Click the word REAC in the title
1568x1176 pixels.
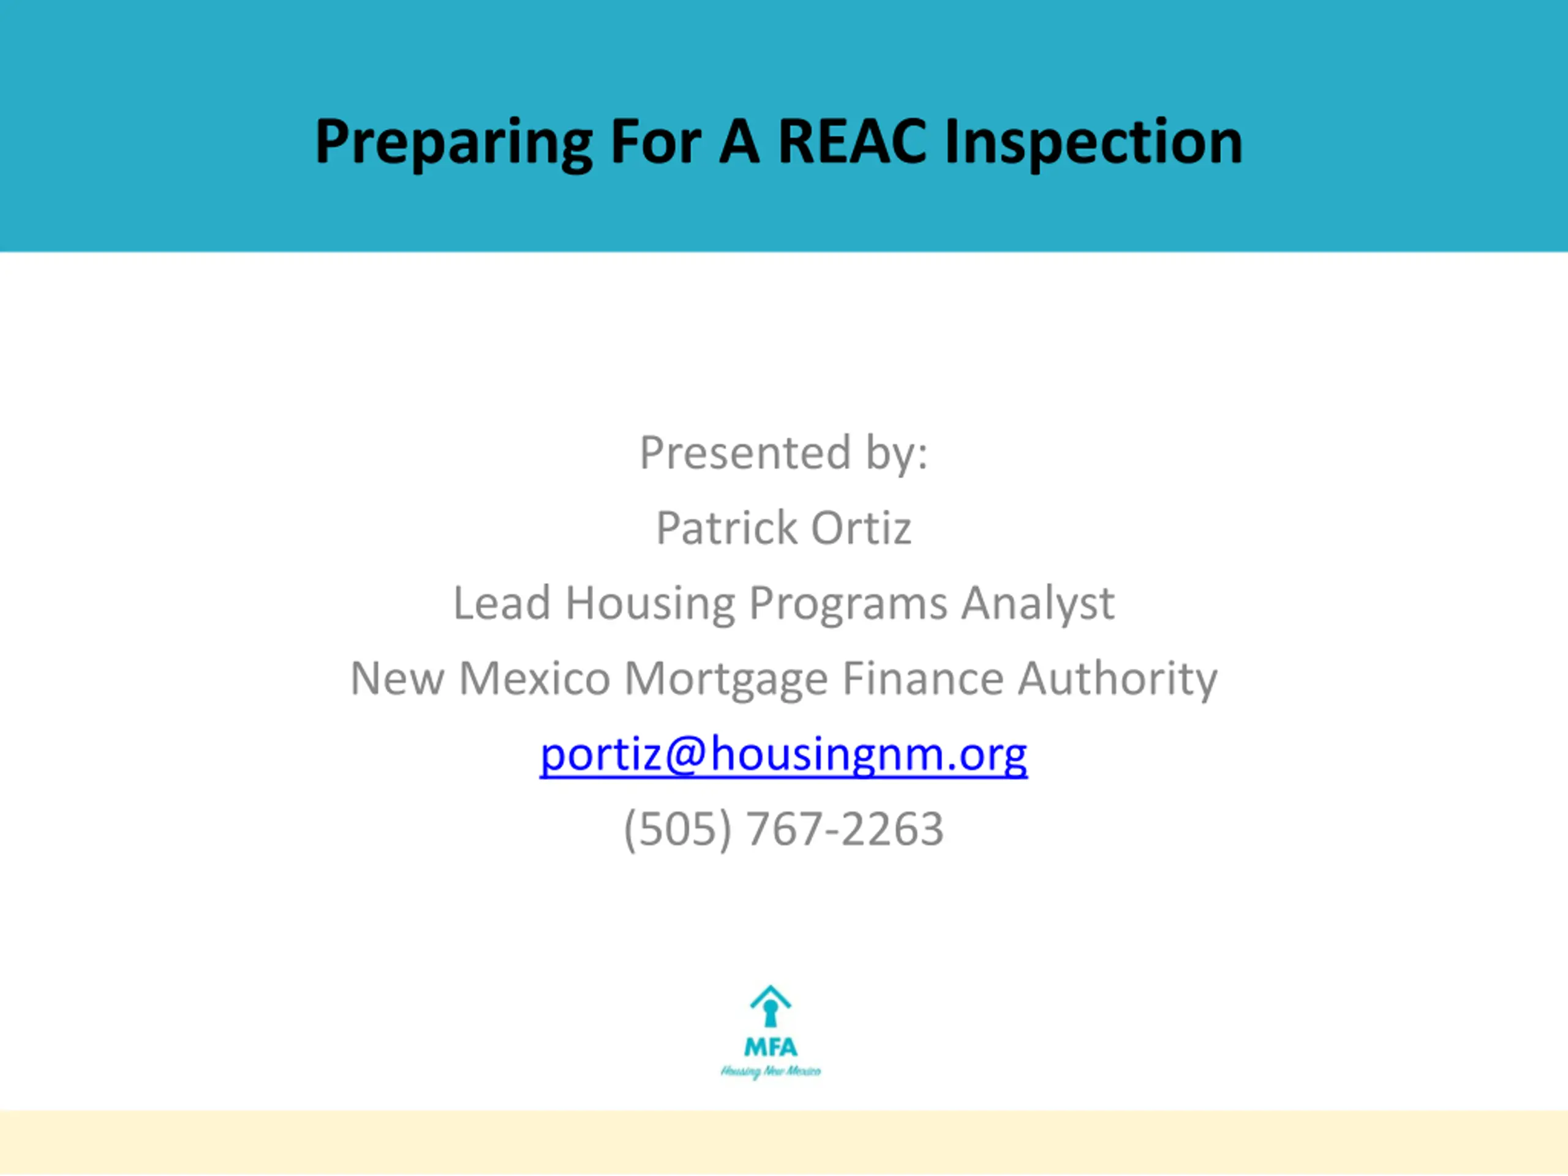point(852,141)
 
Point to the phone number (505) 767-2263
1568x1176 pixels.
point(783,829)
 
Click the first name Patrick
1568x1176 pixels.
point(726,527)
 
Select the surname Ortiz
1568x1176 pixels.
point(861,527)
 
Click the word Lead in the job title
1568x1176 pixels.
point(502,603)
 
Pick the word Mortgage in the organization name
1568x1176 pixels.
point(726,679)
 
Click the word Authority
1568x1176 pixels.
point(1117,679)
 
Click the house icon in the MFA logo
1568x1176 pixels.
point(771,1006)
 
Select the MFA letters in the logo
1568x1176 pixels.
point(771,1046)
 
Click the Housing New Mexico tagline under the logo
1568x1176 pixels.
point(771,1071)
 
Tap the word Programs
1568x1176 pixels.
point(848,604)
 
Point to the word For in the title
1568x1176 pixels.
point(656,141)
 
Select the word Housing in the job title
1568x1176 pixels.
point(650,604)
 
